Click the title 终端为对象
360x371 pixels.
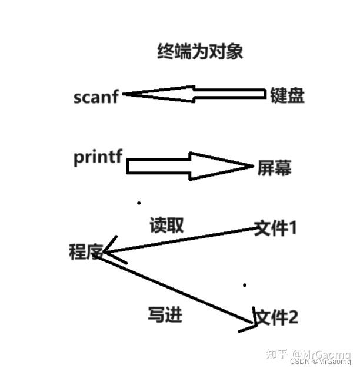200,52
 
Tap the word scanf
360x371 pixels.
96,97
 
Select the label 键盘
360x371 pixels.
286,95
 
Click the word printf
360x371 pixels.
98,158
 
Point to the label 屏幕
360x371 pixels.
274,168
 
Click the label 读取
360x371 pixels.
167,225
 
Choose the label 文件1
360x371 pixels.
274,228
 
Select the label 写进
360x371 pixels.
165,314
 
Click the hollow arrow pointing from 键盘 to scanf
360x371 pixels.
194,94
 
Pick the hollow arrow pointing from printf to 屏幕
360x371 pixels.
188,167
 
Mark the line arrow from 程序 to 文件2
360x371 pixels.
176,289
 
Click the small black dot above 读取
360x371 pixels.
139,203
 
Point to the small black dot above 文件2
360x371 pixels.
245,286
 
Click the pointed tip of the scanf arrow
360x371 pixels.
124,94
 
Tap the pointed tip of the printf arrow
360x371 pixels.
252,167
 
